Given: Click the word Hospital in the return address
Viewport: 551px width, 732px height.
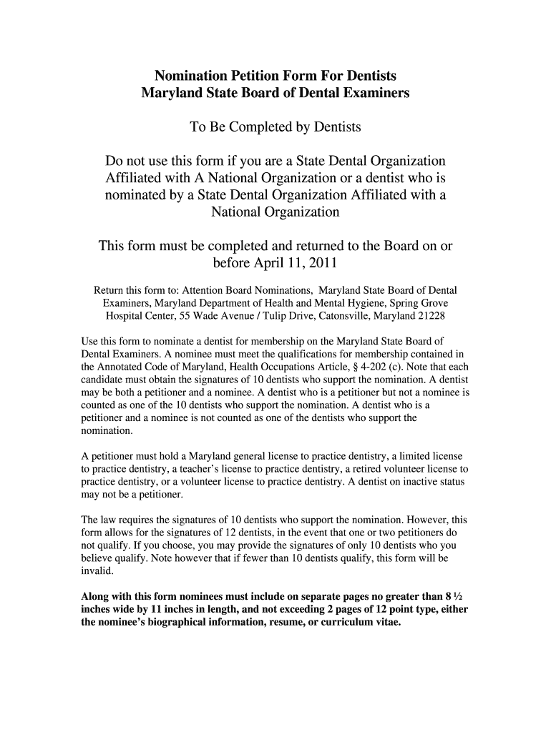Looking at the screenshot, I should tap(125, 315).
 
